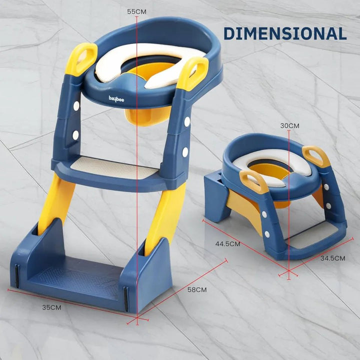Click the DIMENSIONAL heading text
(x=284, y=33)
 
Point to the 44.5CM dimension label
(x=227, y=244)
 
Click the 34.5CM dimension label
(x=332, y=258)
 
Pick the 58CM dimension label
(x=197, y=289)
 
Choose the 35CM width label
(x=51, y=307)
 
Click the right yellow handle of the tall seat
(x=192, y=73)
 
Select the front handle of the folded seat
(x=253, y=181)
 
